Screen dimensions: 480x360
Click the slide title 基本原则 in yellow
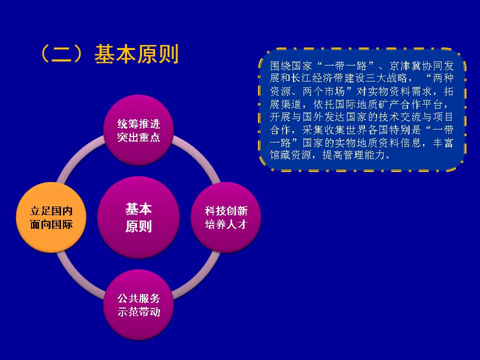pos(136,54)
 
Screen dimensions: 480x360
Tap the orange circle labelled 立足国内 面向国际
pos(51,217)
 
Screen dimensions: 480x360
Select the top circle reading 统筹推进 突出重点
pos(138,130)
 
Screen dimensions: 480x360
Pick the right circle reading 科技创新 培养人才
pos(226,217)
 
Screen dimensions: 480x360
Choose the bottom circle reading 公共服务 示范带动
pos(138,304)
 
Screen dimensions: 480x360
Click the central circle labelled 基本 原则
pos(138,217)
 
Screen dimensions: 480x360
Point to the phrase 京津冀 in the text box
pos(405,66)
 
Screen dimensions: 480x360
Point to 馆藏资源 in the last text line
pos(291,155)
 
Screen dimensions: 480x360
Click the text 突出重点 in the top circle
pos(138,137)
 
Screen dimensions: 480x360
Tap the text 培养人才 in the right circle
pos(226,224)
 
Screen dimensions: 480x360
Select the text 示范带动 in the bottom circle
pos(138,312)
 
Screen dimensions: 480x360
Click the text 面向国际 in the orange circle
pos(51,224)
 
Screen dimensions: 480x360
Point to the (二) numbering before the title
pos(62,54)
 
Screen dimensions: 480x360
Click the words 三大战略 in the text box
pos(386,78)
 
